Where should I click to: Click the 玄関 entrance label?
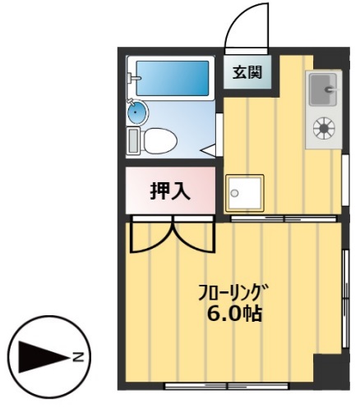[246, 72]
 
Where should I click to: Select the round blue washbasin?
[136, 112]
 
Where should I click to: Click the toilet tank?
[136, 140]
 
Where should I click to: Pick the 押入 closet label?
[170, 190]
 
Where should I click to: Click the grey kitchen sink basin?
[323, 88]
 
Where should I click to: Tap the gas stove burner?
[324, 128]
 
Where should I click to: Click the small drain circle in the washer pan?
[234, 194]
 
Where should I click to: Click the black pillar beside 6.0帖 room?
[330, 370]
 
